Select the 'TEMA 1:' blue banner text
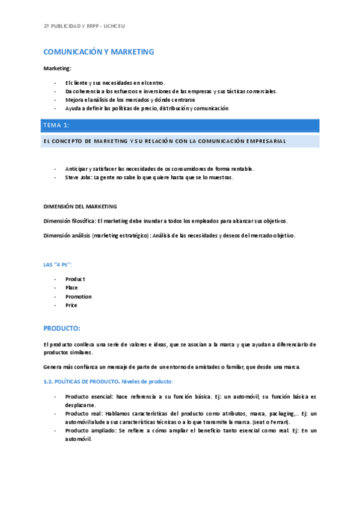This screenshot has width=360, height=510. (56, 125)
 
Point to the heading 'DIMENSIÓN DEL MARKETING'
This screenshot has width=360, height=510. (80, 206)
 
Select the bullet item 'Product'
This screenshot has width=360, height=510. (75, 279)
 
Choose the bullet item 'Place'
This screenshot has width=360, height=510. (72, 287)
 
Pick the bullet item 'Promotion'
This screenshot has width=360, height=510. (78, 296)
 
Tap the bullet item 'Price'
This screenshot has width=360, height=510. (71, 305)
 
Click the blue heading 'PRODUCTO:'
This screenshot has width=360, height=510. (61, 328)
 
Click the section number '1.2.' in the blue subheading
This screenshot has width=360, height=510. (49, 381)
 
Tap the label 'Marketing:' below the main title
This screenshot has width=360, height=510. (58, 69)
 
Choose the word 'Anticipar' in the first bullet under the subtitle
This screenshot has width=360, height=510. (78, 168)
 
